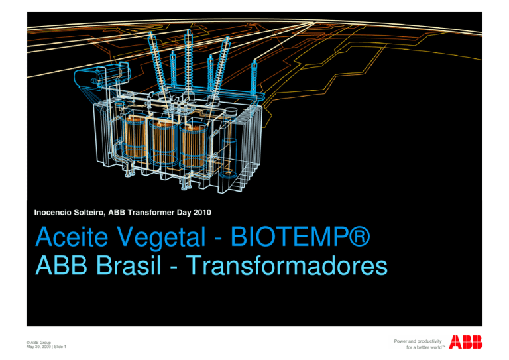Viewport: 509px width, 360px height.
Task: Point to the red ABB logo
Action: pyautogui.click(x=466, y=342)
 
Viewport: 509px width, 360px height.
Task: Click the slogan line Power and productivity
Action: pyautogui.click(x=418, y=340)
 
